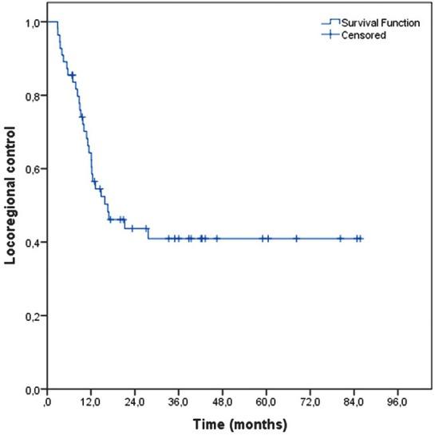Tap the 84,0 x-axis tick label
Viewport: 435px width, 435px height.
354,401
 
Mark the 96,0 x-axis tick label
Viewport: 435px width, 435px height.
397,401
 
